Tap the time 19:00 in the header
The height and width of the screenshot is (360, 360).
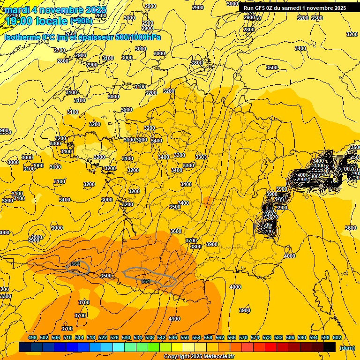19,21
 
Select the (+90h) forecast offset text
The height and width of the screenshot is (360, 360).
81,21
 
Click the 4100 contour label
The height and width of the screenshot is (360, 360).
174,319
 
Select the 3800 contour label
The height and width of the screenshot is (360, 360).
196,247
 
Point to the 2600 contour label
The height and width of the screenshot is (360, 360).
100,15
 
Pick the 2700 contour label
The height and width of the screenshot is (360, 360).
60,50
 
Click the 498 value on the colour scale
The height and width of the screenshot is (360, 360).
32,337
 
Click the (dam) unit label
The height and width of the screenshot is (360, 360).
347,348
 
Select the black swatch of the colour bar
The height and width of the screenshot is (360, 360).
330,347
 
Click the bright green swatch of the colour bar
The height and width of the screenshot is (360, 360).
154,347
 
